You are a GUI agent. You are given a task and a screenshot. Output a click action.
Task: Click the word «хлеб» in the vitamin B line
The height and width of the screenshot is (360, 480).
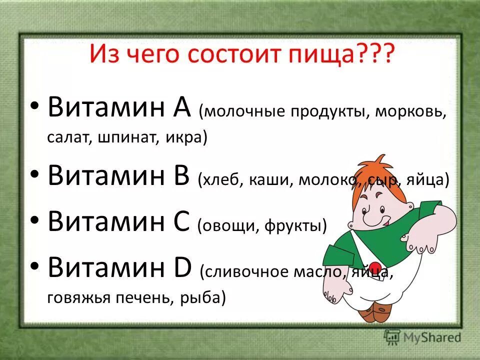point(218,180)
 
